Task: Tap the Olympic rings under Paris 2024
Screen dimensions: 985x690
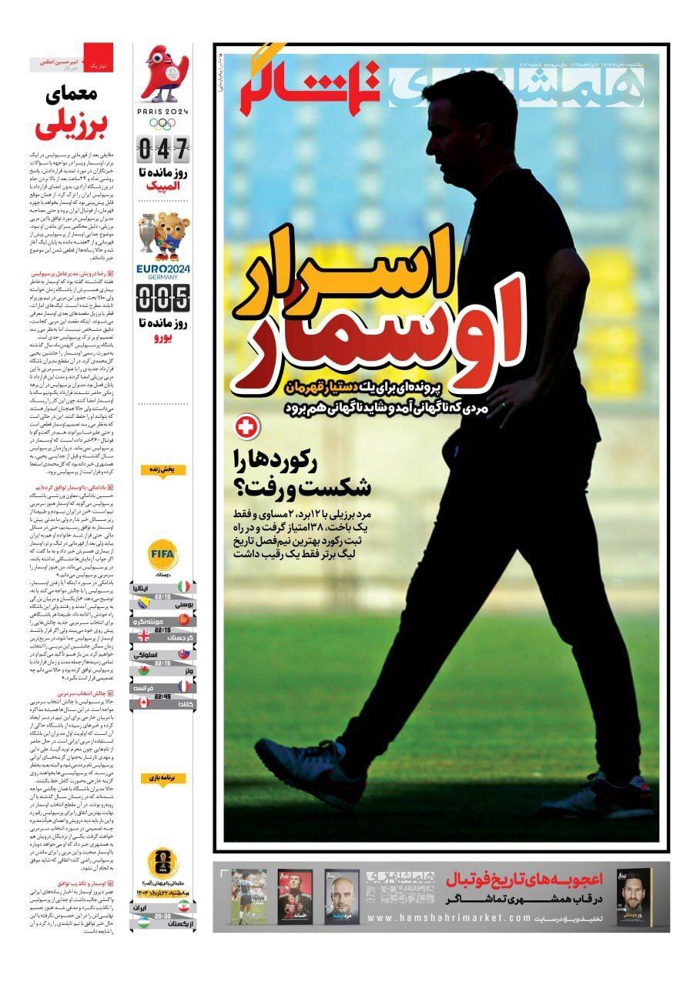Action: click(162, 123)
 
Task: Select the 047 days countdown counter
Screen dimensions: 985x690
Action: click(162, 147)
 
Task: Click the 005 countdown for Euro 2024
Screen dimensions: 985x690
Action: click(162, 295)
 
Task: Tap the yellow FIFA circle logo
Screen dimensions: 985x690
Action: click(163, 553)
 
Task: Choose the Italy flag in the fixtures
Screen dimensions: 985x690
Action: click(185, 587)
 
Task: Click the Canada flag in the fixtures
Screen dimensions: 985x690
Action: click(142, 703)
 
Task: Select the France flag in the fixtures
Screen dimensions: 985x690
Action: click(185, 685)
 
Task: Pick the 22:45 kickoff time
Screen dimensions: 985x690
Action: click(162, 695)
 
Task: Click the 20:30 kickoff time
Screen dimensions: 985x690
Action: click(162, 917)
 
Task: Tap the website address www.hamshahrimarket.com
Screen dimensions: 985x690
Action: click(450, 918)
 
